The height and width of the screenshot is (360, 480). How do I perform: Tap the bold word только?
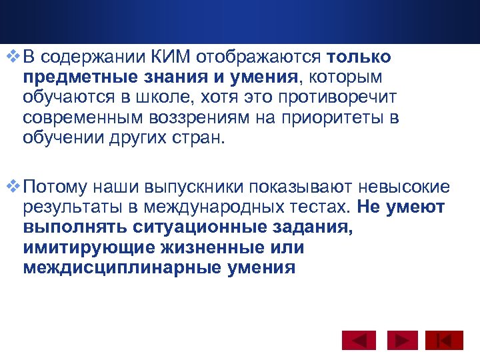click(359, 59)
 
